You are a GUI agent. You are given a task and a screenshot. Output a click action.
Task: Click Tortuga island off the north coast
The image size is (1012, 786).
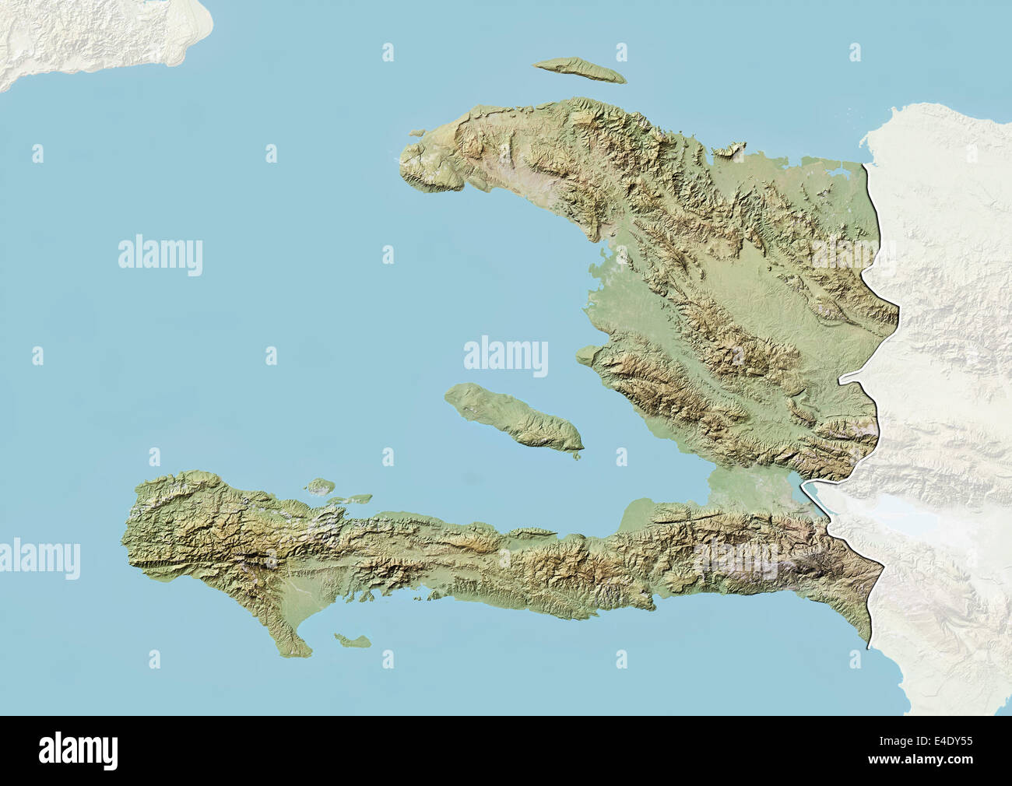(x=580, y=69)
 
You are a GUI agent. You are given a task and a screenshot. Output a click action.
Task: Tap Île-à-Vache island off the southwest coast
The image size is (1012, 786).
(x=353, y=640)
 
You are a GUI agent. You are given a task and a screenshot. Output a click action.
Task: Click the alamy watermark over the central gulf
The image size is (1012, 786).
(x=506, y=356)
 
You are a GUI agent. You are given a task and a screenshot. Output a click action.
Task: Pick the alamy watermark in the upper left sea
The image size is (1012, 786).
(x=160, y=255)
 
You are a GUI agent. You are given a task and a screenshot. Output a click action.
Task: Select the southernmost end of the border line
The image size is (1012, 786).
(x=869, y=644)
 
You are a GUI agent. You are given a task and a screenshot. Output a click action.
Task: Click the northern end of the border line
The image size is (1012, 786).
(x=866, y=164)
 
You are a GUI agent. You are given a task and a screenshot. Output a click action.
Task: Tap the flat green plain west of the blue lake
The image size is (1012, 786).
(x=747, y=486)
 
